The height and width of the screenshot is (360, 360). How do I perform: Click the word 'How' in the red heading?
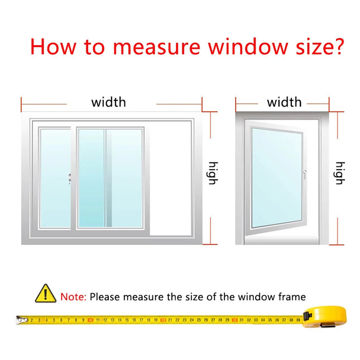click(53, 47)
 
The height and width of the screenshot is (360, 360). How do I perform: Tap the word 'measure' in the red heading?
click(157, 48)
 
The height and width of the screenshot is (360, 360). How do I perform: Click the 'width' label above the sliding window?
click(109, 102)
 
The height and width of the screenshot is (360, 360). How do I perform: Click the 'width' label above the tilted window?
click(284, 102)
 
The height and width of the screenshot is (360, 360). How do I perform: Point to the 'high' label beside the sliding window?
click(213, 173)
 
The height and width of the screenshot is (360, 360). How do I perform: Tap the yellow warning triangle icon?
click(45, 294)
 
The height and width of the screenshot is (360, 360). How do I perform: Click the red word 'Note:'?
click(73, 297)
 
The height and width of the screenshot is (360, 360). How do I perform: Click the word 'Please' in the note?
click(105, 297)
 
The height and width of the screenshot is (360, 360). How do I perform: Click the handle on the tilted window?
click(304, 175)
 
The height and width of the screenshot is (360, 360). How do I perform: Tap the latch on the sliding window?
click(70, 179)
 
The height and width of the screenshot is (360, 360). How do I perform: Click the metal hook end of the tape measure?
click(22, 320)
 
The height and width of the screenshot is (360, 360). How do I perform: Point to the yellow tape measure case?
click(325, 316)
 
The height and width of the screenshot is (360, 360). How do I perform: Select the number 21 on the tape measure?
click(170, 320)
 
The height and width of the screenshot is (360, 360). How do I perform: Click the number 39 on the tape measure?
click(298, 320)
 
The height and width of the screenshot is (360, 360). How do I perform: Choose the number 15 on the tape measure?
click(127, 320)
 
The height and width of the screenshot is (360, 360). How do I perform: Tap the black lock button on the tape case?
click(307, 316)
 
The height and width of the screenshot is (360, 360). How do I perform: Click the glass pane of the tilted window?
click(277, 177)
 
